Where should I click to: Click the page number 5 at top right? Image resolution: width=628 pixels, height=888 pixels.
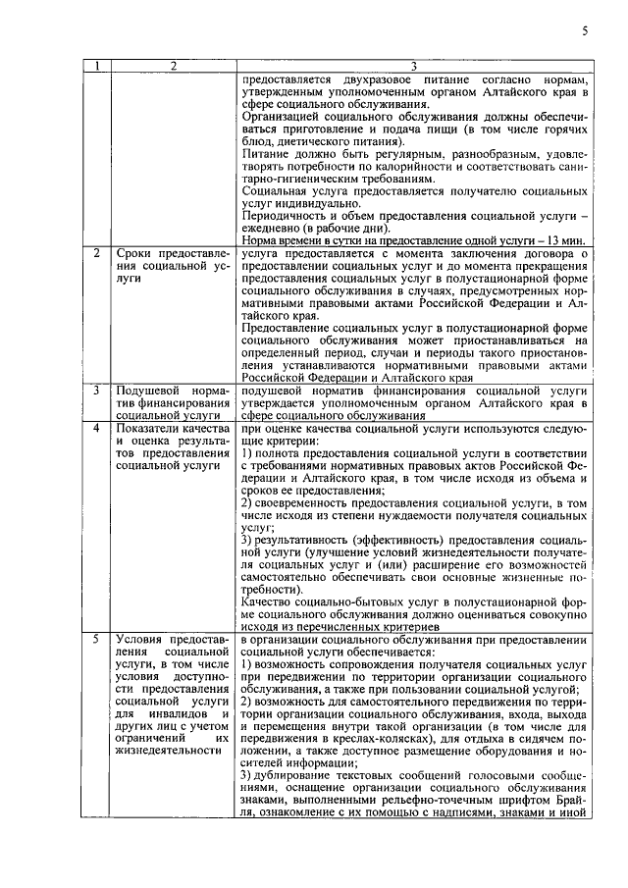584,31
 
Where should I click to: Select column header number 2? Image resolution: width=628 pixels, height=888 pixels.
172,67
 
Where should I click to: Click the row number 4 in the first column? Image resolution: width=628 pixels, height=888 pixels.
95,429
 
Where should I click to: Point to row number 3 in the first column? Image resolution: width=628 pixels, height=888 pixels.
95,391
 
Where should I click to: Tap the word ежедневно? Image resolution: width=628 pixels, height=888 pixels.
271,227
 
